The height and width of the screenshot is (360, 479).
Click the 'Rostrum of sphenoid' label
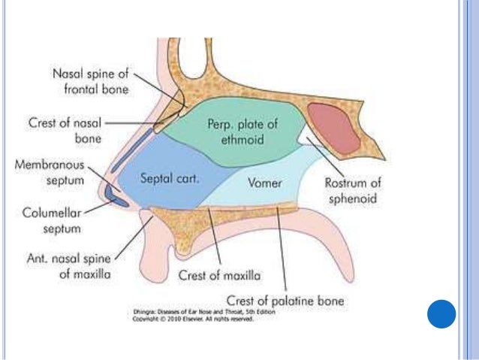pyautogui.click(x=349, y=191)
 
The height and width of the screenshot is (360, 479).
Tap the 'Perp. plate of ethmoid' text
pyautogui.click(x=236, y=132)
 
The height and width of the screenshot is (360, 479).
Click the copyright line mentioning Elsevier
pyautogui.click(x=192, y=319)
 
